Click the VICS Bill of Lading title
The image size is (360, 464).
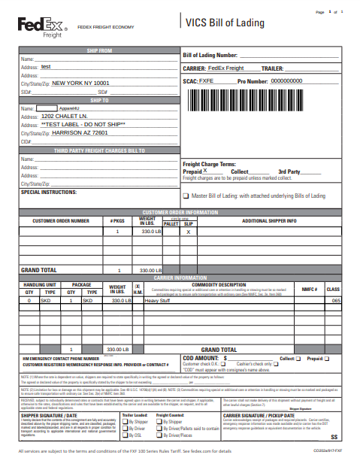point(225,23)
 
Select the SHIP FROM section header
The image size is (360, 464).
point(99,50)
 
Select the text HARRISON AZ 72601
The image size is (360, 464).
point(80,132)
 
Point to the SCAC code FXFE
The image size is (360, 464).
point(207,80)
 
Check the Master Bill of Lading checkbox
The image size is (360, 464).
point(186,196)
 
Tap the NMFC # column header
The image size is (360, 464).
point(310,289)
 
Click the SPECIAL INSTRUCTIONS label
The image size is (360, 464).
point(49,192)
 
